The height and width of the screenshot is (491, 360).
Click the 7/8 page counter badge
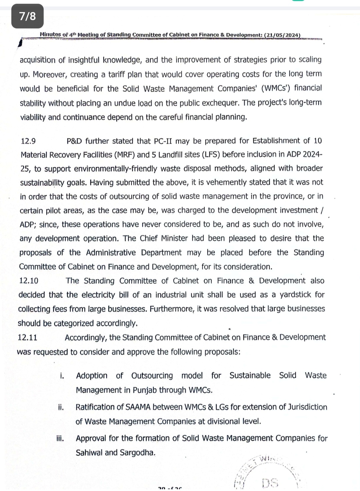pos(28,16)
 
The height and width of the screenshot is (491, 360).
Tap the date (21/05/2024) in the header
pos(282,35)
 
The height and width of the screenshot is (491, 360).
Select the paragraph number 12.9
pos(28,141)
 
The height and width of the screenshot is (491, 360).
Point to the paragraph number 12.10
pos(29,281)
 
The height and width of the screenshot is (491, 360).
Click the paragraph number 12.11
pos(28,338)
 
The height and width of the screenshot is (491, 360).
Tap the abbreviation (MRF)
pos(123,155)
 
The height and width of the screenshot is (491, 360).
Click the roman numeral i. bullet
pos(62,376)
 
